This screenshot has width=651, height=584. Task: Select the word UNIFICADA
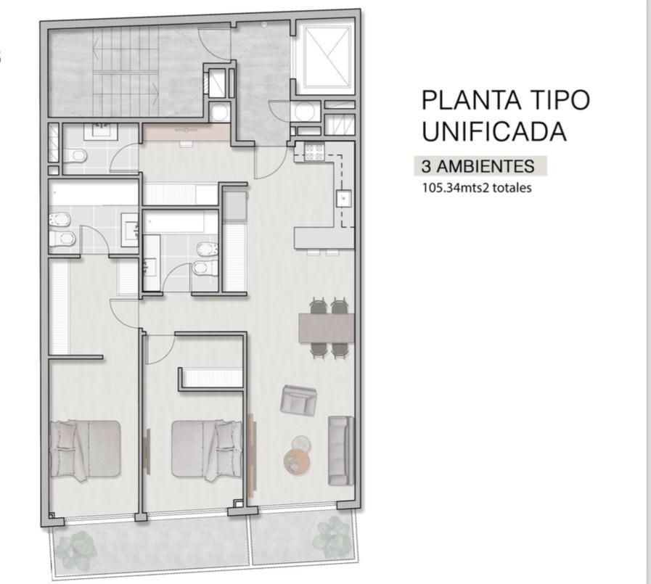(494, 131)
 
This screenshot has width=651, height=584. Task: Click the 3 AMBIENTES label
(478, 166)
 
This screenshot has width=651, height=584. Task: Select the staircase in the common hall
(126, 71)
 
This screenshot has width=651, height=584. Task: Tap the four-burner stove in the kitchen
(314, 152)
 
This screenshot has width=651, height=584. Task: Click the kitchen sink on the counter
(343, 198)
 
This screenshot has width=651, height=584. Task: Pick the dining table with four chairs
(327, 327)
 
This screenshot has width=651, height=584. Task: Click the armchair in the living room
(298, 400)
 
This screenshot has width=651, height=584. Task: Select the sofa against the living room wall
(341, 451)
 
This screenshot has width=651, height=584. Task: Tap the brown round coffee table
(296, 461)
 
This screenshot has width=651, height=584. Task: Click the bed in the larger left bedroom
(85, 450)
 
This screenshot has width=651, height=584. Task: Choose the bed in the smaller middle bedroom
(207, 451)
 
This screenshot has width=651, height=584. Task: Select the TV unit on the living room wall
(252, 455)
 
